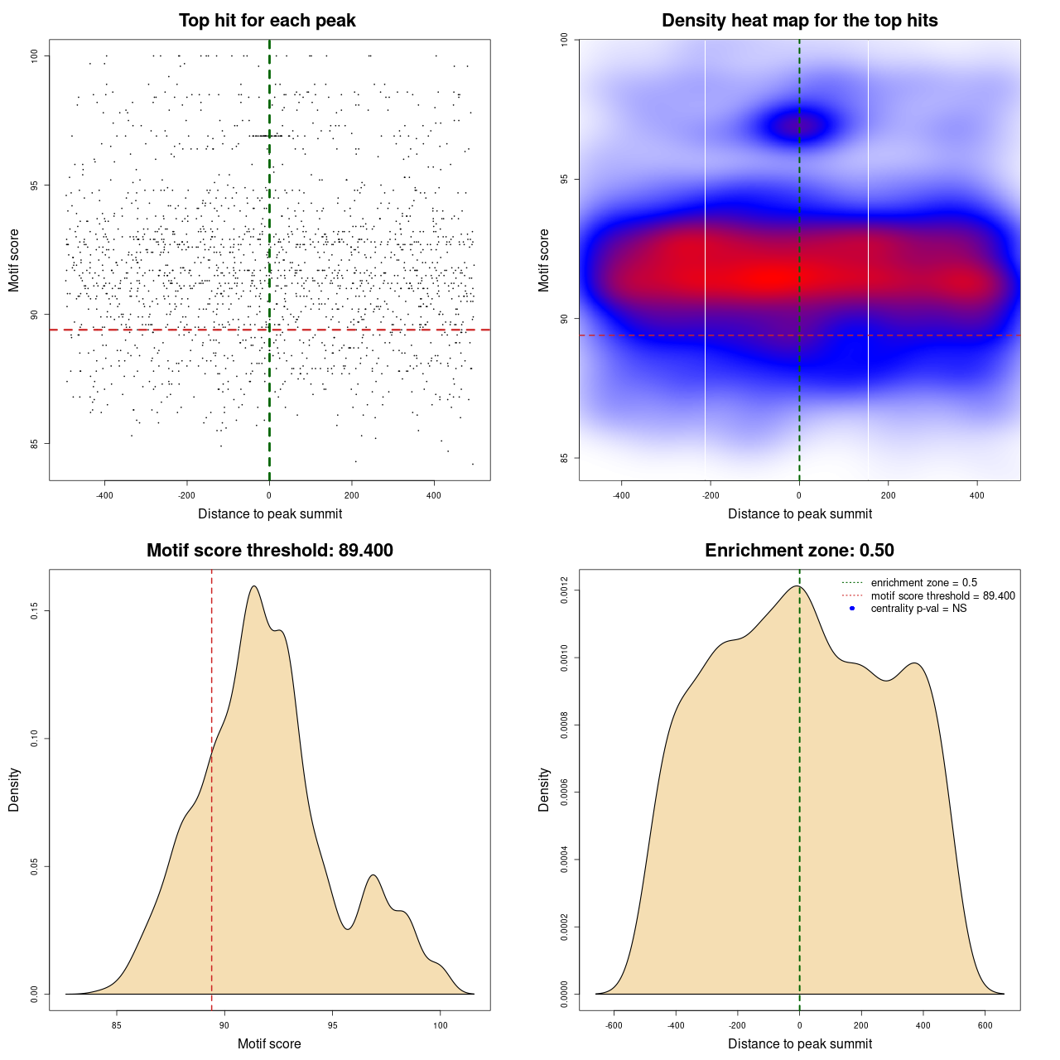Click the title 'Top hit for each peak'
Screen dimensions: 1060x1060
(267, 21)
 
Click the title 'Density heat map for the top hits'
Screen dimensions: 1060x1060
(799, 21)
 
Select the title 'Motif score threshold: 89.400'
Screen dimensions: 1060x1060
(269, 551)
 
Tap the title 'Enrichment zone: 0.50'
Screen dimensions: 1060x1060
(799, 551)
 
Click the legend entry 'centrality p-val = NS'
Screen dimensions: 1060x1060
(918, 609)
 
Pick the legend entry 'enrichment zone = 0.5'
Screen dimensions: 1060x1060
(923, 583)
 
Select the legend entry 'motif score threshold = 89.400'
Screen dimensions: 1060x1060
(942, 596)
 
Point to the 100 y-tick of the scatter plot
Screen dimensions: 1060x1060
(36, 55)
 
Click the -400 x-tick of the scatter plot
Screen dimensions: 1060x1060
(104, 495)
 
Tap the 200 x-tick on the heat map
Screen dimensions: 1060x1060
(889, 495)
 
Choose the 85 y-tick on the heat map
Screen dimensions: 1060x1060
(565, 458)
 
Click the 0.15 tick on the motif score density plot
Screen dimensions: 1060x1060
(34, 611)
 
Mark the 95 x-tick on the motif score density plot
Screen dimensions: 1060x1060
(332, 1025)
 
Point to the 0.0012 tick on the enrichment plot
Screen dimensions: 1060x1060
(564, 590)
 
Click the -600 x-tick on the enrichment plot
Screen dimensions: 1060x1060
(614, 1025)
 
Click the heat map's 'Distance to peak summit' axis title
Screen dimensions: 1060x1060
(799, 514)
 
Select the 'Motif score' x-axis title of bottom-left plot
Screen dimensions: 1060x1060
(269, 1044)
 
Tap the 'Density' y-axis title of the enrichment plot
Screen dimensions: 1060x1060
(544, 789)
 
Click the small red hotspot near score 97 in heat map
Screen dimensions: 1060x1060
(800, 126)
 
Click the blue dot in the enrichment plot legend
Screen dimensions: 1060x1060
(852, 609)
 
